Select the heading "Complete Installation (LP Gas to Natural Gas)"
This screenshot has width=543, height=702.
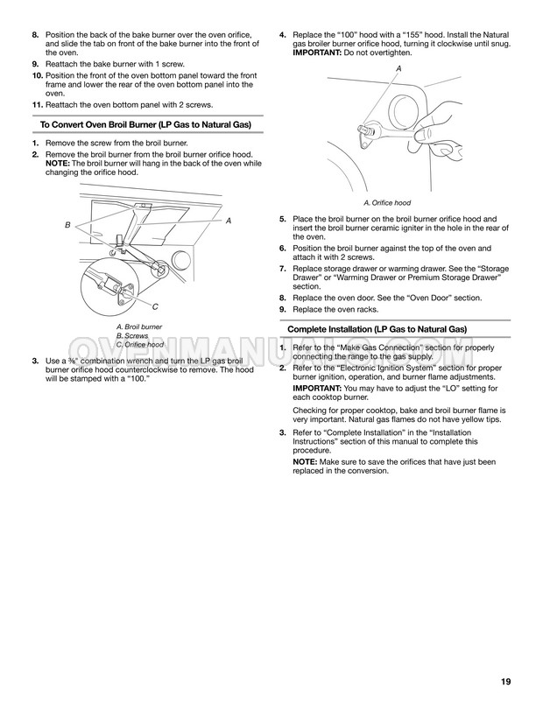coord(377,329)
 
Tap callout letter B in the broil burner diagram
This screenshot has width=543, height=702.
coord(67,225)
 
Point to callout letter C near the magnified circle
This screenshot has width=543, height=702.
coord(155,306)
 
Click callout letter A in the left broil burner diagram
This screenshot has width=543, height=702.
coord(229,221)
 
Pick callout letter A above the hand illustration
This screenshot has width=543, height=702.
coord(398,68)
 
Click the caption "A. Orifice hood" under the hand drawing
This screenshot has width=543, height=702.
coord(387,203)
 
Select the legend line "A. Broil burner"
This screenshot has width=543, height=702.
coord(139,326)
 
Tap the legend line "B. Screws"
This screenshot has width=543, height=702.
coord(132,336)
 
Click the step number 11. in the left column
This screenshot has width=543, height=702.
coord(38,105)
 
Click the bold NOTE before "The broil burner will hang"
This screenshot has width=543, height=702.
coord(57,164)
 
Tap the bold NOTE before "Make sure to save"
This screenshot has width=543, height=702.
coord(305,461)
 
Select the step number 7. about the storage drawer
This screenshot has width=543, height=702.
coord(283,269)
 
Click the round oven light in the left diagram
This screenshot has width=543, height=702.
coord(181,261)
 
